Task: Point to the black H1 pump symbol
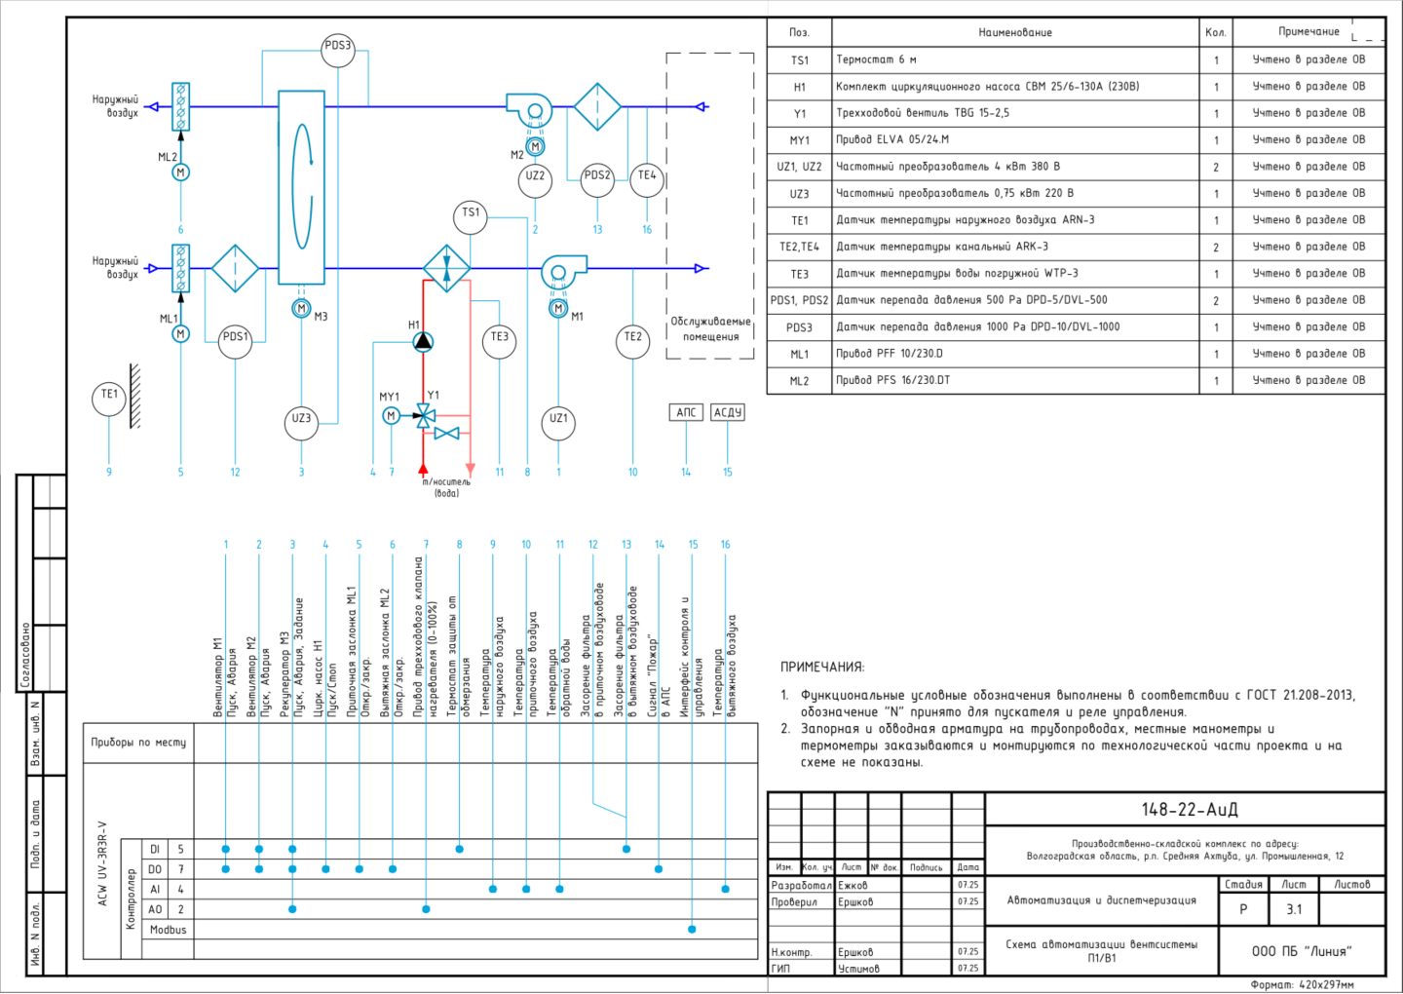pos(424,341)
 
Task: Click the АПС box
pos(686,412)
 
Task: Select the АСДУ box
pos(728,412)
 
